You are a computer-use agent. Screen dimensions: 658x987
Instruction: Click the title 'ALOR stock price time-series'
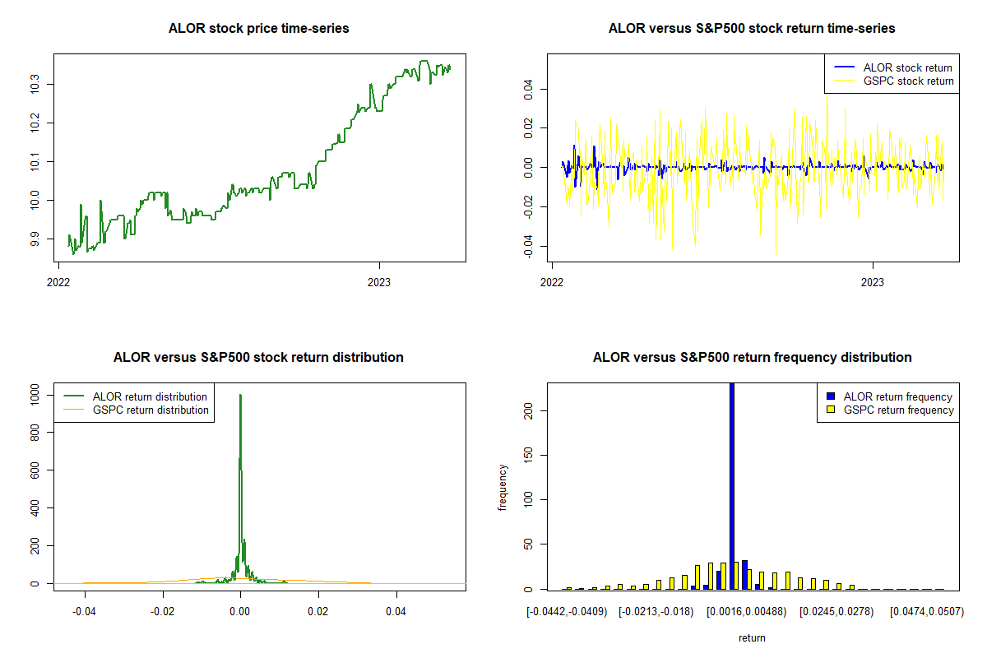tap(258, 29)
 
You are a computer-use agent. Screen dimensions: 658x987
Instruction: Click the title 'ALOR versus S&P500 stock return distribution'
tap(258, 358)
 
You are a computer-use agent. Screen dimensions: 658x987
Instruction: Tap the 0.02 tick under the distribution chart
tap(318, 612)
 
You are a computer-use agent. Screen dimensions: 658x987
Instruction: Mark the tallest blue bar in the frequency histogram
tap(732, 485)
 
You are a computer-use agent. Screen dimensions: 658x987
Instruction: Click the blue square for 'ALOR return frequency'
tap(831, 396)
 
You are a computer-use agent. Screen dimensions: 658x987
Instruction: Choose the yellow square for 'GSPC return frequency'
tap(831, 410)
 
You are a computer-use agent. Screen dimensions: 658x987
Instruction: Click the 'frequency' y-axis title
tap(503, 487)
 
